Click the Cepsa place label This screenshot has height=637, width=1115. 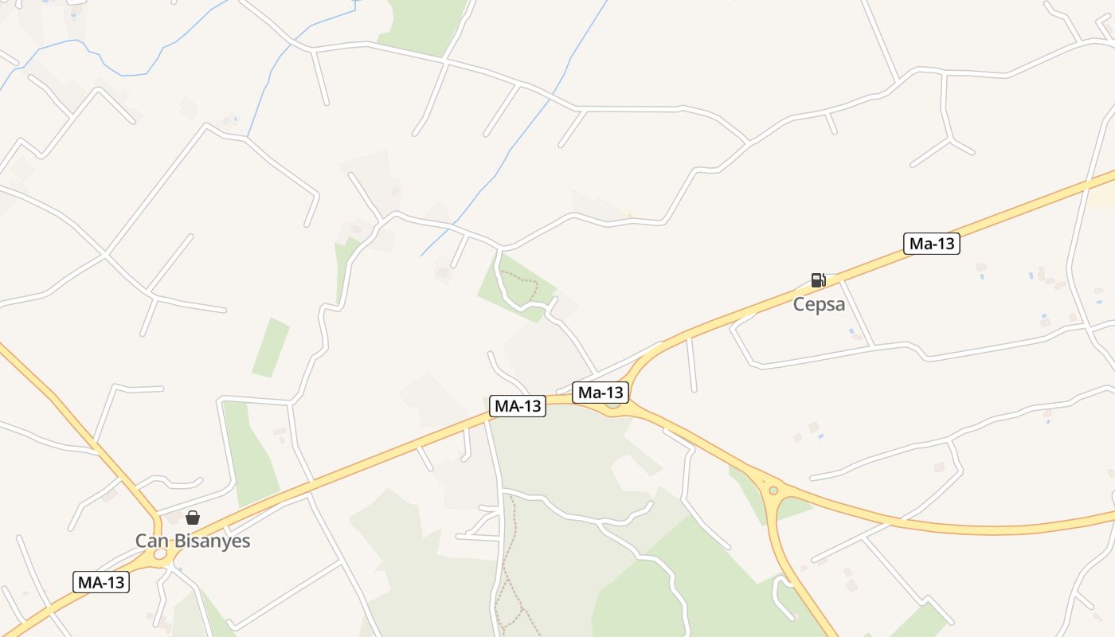819,304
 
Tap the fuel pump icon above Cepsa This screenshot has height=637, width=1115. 818,279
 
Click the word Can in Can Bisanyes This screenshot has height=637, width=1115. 151,541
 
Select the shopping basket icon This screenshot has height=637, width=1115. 192,518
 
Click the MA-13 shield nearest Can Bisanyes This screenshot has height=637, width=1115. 101,582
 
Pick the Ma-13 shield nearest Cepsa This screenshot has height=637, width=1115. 931,244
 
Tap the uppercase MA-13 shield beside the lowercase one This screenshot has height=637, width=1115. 518,406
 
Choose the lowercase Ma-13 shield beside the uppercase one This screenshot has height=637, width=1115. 601,392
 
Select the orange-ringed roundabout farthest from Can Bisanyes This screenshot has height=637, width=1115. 773,490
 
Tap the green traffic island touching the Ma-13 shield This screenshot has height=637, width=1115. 612,403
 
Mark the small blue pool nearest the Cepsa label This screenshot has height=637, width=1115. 851,330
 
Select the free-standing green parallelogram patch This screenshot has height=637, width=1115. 271,347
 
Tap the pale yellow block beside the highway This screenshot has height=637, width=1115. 1101,196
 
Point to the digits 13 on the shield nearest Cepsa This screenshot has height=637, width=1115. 945,244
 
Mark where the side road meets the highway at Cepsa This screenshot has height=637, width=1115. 842,280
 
